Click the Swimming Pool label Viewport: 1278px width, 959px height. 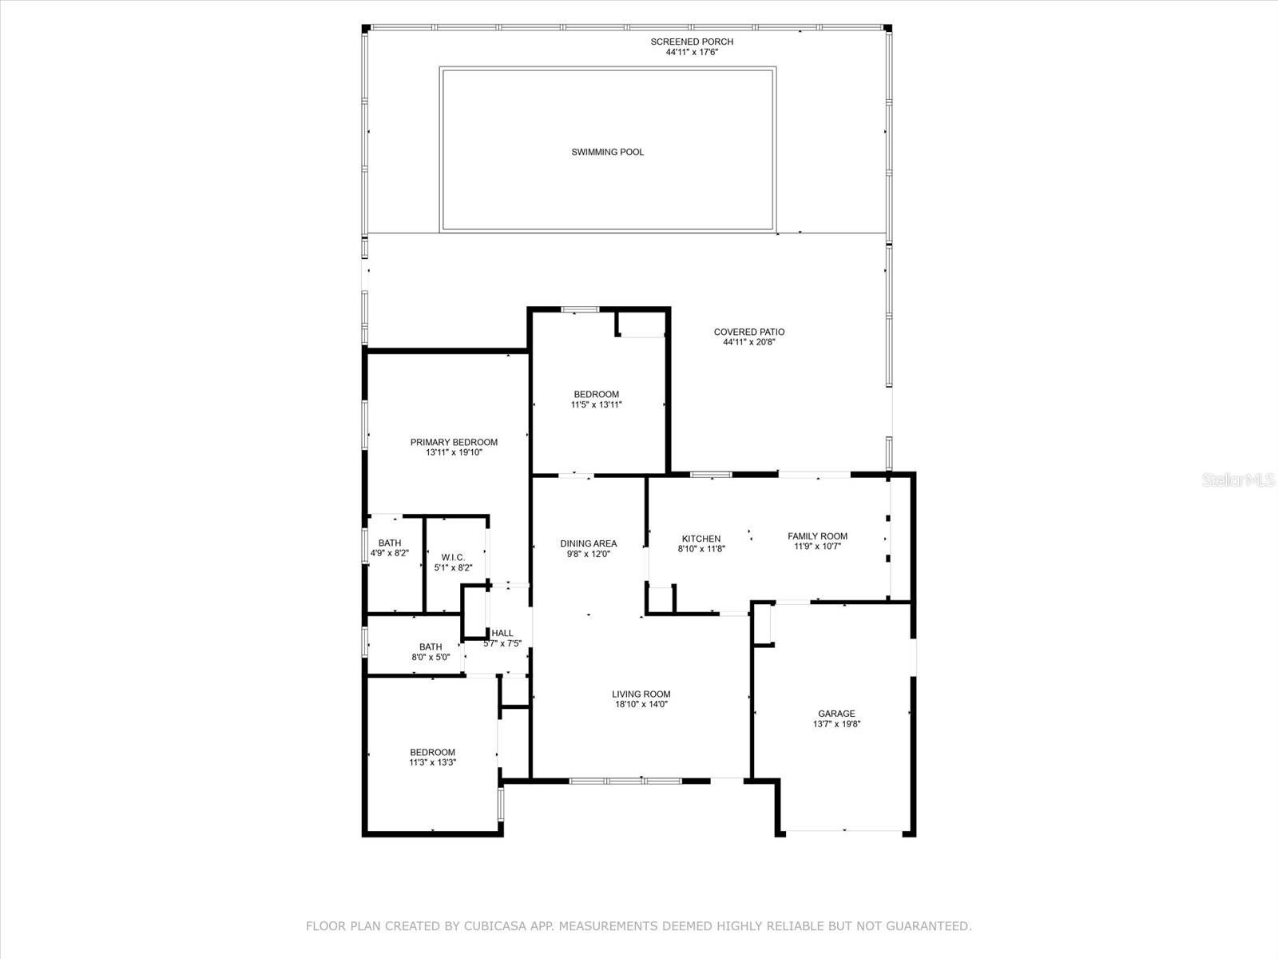(607, 152)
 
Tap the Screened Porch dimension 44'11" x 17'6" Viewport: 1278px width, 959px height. (692, 53)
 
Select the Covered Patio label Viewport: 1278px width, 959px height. (748, 332)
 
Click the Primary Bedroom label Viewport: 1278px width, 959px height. (454, 442)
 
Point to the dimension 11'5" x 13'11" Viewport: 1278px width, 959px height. (596, 405)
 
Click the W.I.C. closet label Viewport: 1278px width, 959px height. (453, 557)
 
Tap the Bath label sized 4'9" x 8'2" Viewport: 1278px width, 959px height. (390, 543)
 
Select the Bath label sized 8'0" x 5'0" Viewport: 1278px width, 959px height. (431, 647)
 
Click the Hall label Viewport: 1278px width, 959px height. (502, 633)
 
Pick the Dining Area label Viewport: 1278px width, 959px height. (588, 543)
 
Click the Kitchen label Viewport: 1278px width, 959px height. (701, 539)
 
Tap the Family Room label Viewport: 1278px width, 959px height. (817, 536)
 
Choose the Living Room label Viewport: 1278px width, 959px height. (641, 694)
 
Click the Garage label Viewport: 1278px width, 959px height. (836, 714)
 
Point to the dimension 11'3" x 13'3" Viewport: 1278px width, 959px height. (432, 762)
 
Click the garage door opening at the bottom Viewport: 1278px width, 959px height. (844, 831)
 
